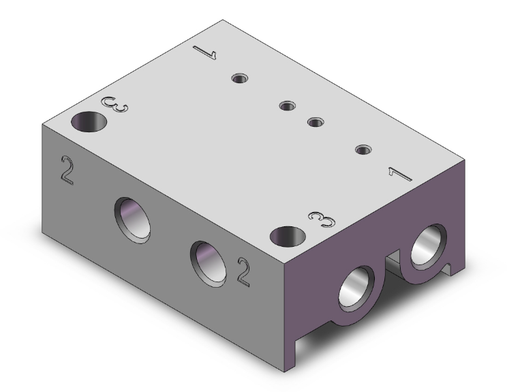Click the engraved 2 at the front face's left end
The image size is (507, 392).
pyautogui.click(x=67, y=170)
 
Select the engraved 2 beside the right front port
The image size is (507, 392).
pyautogui.click(x=243, y=271)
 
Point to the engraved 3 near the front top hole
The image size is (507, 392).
pyautogui.click(x=322, y=219)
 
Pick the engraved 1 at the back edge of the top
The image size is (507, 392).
pyautogui.click(x=204, y=52)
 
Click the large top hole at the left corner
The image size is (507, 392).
pyautogui.click(x=90, y=123)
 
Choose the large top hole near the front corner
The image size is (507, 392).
pyautogui.click(x=286, y=237)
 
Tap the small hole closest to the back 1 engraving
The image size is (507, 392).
pyautogui.click(x=239, y=78)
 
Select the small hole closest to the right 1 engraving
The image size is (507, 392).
pyautogui.click(x=363, y=149)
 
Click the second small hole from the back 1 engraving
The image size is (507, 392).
pyautogui.click(x=287, y=106)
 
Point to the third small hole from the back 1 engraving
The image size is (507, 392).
pyautogui.click(x=315, y=122)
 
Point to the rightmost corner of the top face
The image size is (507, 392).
pyautogui.click(x=466, y=162)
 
